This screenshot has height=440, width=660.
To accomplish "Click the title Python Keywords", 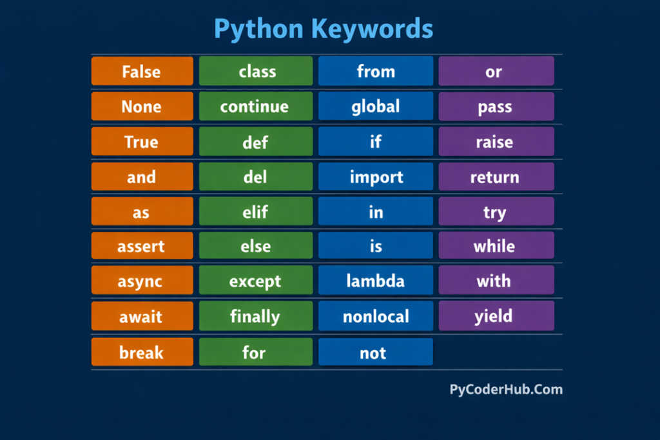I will click(x=323, y=29).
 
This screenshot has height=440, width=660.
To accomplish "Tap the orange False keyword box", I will click(x=142, y=71).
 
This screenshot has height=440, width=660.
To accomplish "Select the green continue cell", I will click(x=255, y=106).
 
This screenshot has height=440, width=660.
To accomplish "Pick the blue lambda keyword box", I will click(x=376, y=281).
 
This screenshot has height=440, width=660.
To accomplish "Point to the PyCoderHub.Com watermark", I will click(x=506, y=389).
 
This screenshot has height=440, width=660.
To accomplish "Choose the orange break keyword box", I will click(x=142, y=352).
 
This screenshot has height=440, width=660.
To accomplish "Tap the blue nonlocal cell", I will click(x=376, y=316).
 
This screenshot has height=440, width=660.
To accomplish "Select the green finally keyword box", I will click(x=255, y=316).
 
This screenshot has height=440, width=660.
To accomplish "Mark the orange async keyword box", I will click(x=142, y=281).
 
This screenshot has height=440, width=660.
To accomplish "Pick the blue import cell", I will click(x=376, y=177).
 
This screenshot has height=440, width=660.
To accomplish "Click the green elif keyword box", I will click(x=255, y=212).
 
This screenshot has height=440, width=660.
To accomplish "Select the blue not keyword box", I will click(x=376, y=352).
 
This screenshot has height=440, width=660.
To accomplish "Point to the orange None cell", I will click(x=142, y=106).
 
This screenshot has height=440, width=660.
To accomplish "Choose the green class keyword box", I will click(x=255, y=71).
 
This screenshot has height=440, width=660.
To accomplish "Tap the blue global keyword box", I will click(x=376, y=106).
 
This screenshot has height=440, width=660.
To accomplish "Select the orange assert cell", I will click(x=142, y=246).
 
